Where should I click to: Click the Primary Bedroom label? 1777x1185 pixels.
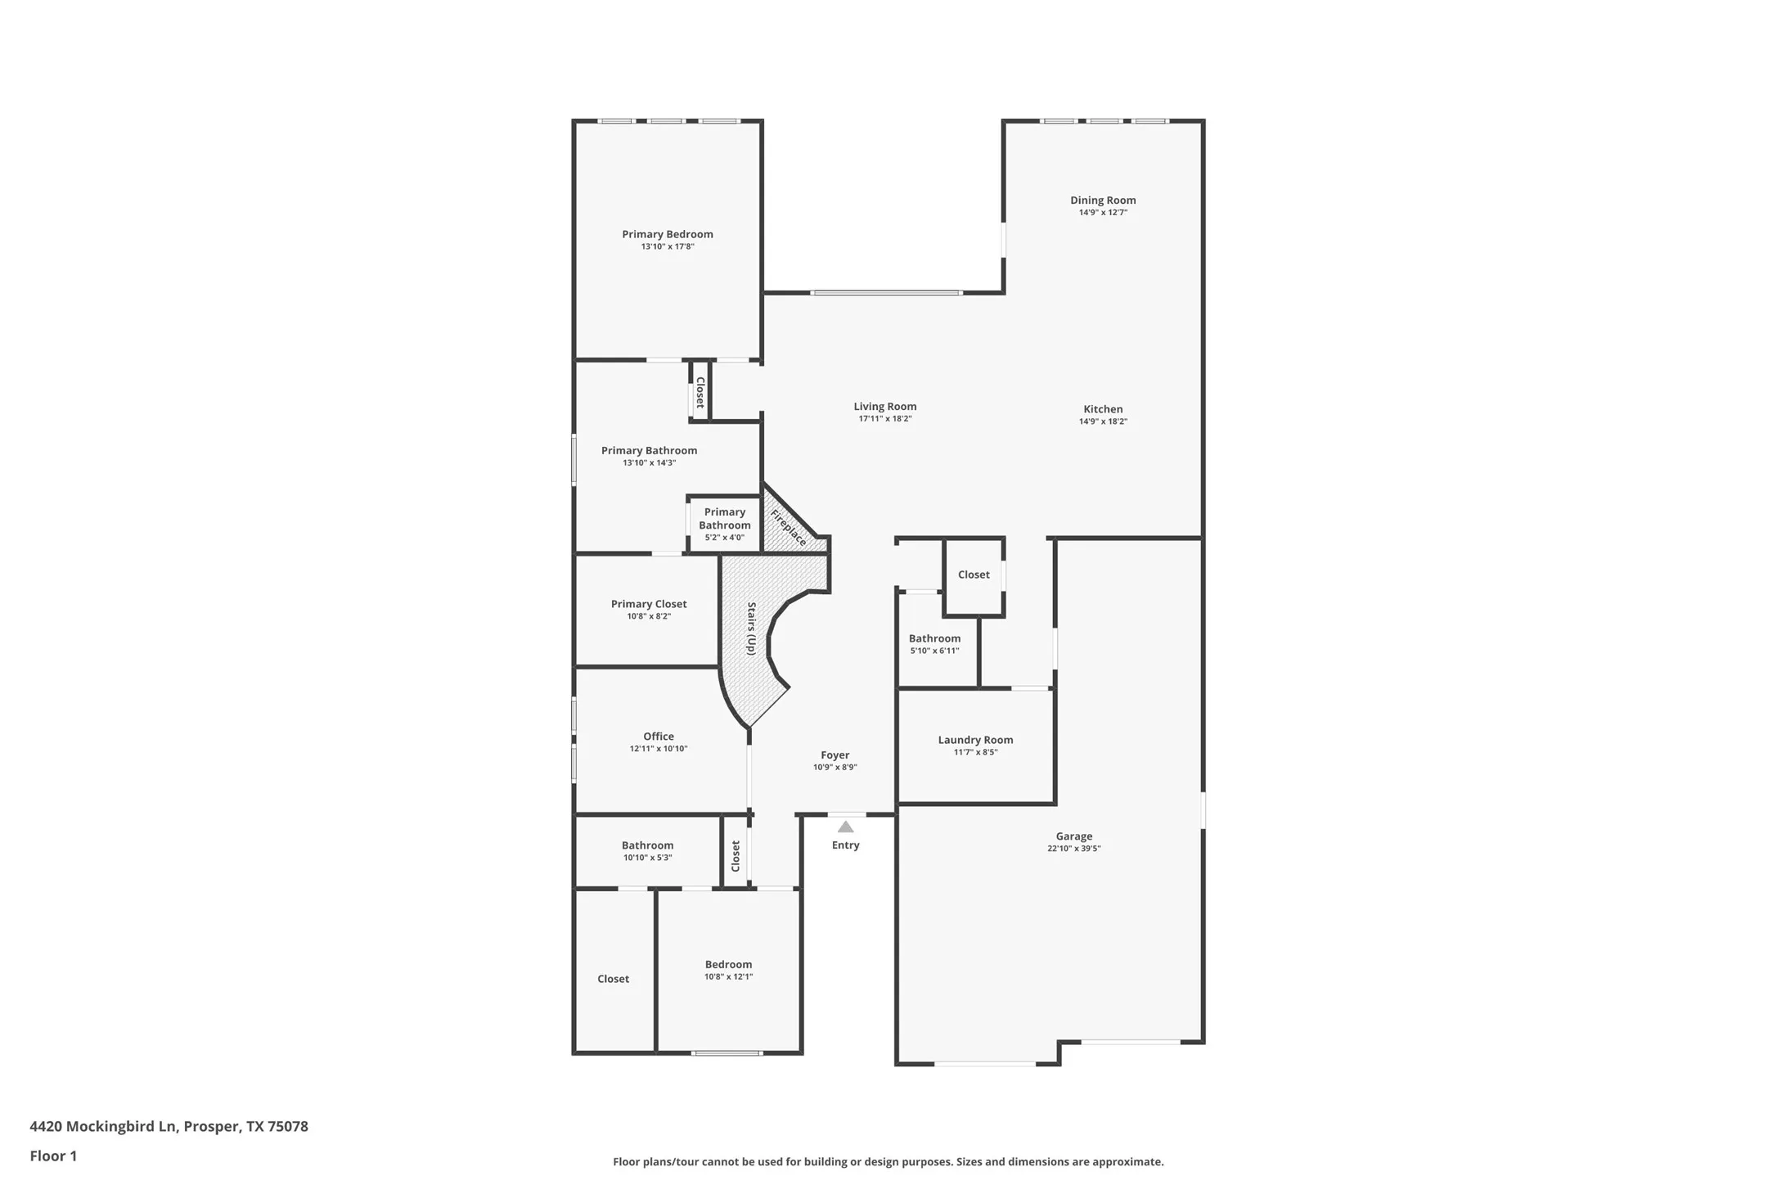(667, 235)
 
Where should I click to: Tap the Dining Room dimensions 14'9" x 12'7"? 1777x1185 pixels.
(1102, 213)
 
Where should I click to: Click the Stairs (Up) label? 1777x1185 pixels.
(750, 629)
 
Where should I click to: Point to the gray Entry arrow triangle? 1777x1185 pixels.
(845, 827)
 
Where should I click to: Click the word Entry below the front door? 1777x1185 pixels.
(845, 845)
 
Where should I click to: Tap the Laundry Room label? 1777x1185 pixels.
(975, 740)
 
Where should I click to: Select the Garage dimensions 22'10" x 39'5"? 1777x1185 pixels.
(1073, 849)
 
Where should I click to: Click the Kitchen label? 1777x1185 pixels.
(1102, 409)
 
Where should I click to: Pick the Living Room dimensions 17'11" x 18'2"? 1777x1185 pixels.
(884, 419)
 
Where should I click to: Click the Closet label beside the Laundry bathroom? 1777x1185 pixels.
(974, 574)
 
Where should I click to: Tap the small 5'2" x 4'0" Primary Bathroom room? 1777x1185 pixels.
(724, 524)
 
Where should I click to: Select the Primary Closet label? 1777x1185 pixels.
(649, 604)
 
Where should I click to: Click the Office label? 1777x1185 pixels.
(658, 737)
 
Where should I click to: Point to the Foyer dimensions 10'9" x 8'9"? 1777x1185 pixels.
(835, 768)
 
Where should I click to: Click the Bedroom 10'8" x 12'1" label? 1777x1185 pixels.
(728, 965)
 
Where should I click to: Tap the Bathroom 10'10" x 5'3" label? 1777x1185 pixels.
(647, 845)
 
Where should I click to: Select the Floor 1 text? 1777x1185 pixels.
(53, 1156)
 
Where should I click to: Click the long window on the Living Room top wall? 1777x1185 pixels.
(886, 293)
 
